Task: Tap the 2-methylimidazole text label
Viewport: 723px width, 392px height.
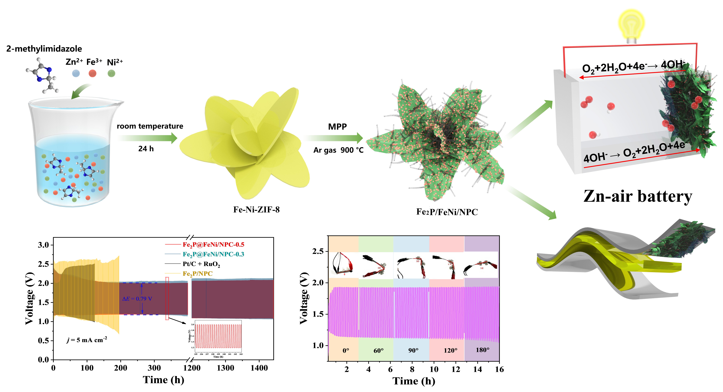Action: (x=44, y=49)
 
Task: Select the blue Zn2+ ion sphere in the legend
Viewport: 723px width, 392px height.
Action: (x=76, y=74)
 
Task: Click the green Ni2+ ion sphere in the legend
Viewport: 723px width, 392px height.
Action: (x=111, y=74)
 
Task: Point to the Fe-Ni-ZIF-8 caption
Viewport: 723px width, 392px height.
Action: (x=256, y=210)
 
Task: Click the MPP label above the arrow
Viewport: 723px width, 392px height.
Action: (x=337, y=127)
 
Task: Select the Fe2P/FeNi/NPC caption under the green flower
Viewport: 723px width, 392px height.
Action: (x=447, y=212)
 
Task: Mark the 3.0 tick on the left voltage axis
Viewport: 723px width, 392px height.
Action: (x=43, y=245)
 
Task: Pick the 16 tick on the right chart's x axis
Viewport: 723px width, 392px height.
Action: (x=499, y=369)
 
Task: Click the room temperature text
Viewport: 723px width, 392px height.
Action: (x=150, y=126)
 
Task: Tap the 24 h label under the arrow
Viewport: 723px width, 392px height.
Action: (x=146, y=149)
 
